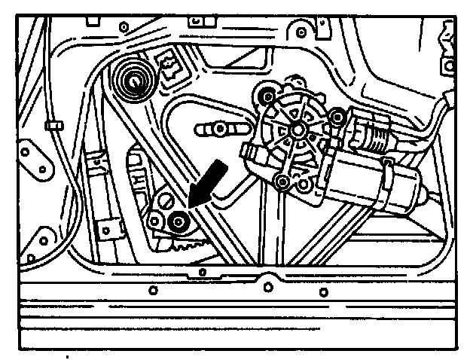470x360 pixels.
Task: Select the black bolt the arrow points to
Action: tap(179, 222)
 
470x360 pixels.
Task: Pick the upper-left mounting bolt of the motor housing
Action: tap(264, 96)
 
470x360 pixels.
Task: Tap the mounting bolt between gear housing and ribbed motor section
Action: tap(337, 117)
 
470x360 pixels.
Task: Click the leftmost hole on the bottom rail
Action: tap(153, 289)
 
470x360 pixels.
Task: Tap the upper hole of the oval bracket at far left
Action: tap(25, 151)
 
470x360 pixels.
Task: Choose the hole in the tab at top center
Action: tap(301, 32)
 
